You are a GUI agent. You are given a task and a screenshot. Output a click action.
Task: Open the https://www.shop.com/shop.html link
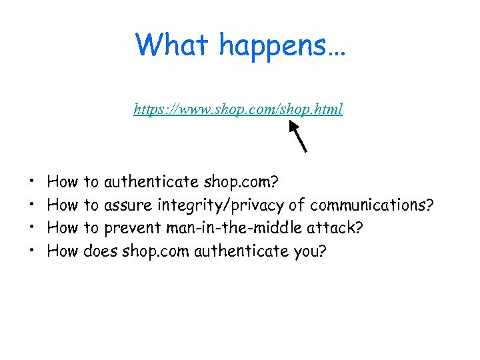(x=238, y=109)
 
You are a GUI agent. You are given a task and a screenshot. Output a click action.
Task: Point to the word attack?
(x=335, y=228)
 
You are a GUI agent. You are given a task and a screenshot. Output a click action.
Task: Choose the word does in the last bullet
(x=101, y=251)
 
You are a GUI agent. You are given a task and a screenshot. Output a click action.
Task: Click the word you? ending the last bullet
(x=310, y=251)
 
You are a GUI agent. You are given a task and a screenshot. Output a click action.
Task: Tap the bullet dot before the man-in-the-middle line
(x=33, y=229)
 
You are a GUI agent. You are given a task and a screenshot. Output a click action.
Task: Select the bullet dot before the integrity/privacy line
(x=33, y=205)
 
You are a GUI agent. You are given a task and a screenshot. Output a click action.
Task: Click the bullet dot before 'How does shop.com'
(x=33, y=252)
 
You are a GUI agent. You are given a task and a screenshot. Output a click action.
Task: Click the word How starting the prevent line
(x=63, y=228)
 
